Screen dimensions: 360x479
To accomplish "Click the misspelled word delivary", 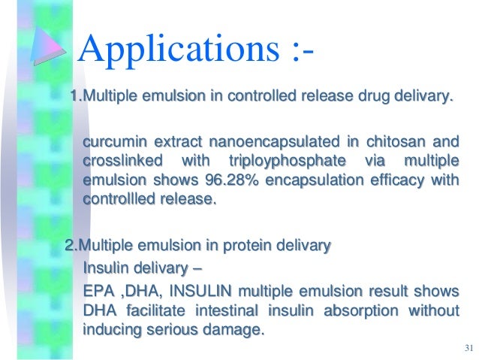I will click(426, 98).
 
